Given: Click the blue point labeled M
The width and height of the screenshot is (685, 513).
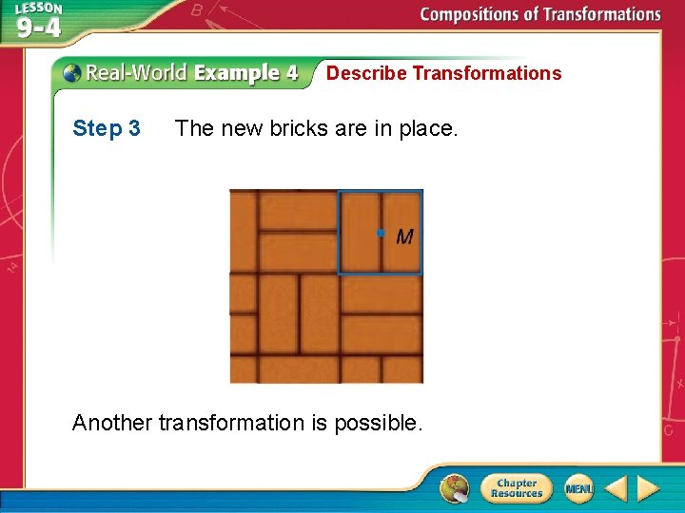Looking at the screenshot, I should pos(380,233).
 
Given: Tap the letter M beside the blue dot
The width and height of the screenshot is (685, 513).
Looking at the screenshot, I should pos(404,237).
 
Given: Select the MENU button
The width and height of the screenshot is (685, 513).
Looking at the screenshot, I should pos(578,488).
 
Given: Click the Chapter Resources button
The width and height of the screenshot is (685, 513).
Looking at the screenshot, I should pos(516,488).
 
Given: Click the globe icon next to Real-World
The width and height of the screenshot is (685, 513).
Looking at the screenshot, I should pos(71,73).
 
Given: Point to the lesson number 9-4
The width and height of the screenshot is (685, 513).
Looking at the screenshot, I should pos(39,28).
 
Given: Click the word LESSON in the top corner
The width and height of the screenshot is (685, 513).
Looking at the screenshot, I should pos(38,9).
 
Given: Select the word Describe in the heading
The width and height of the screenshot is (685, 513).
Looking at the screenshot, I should pos(366,73).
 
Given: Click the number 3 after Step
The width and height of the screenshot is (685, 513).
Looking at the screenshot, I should pos(134,128).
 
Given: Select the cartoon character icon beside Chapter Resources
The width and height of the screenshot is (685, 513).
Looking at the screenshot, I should pos(455,488).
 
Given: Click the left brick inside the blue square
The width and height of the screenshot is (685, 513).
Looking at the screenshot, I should pos(360,233).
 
